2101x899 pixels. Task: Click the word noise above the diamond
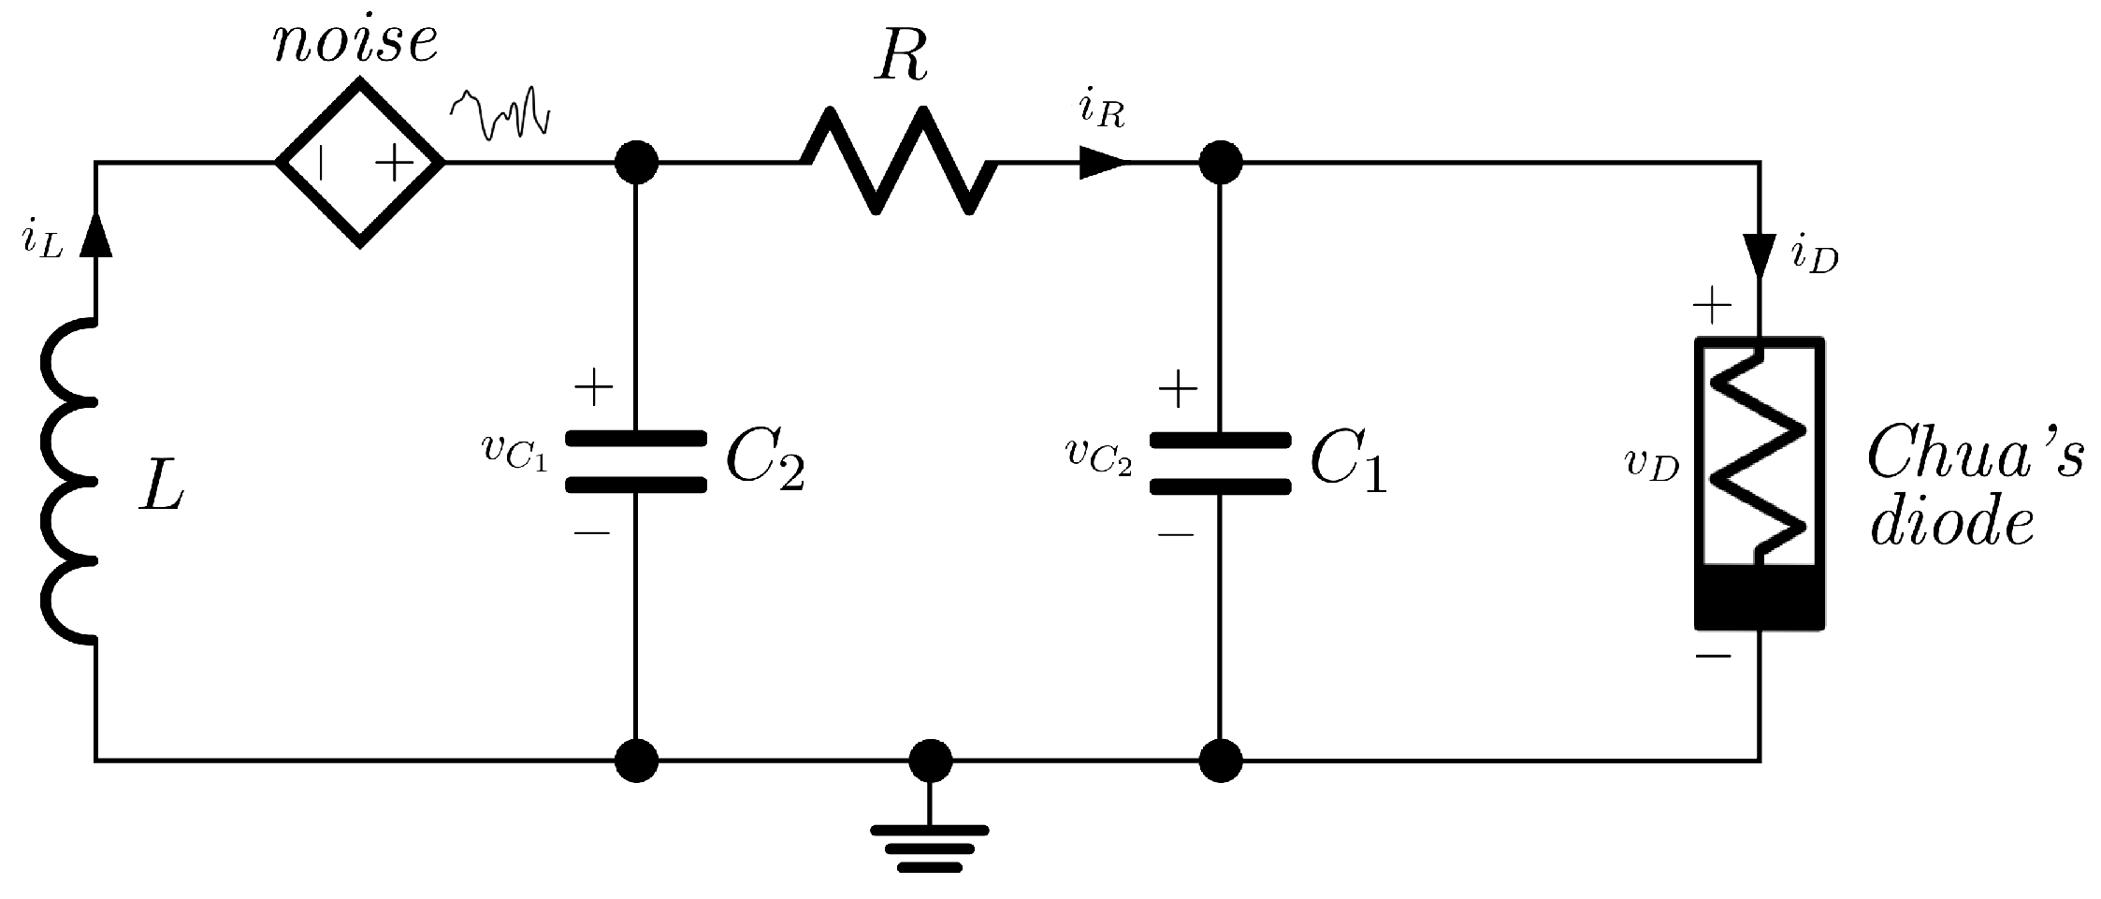(355, 42)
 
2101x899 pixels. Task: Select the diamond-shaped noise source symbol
(360, 163)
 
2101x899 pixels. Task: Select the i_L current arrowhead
(94, 238)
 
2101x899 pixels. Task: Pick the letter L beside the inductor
(161, 487)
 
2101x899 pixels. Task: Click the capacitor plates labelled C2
(636, 461)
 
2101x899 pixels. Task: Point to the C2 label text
(765, 462)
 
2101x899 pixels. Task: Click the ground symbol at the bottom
(929, 848)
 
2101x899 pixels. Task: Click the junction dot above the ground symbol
(930, 760)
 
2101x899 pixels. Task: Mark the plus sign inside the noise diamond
(394, 165)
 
